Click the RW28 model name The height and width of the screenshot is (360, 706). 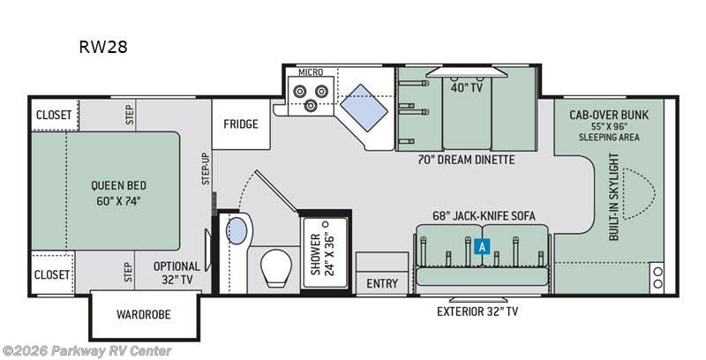(102, 47)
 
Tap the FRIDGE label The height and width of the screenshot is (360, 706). (240, 124)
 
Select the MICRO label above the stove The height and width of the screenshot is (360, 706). (310, 71)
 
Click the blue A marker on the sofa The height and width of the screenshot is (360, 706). (481, 248)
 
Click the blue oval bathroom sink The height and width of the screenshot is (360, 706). (237, 232)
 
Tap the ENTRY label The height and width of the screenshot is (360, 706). (381, 284)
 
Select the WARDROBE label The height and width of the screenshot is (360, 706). (144, 314)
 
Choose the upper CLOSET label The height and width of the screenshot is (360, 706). (53, 114)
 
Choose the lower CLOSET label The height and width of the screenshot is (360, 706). (53, 274)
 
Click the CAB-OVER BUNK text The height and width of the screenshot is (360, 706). (608, 114)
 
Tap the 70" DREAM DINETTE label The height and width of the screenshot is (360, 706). (467, 161)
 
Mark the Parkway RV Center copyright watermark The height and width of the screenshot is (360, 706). (87, 350)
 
